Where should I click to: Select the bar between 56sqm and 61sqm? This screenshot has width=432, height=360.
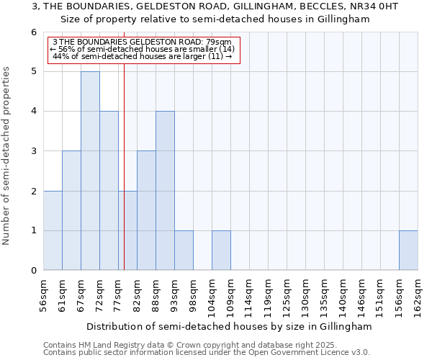point(53,230)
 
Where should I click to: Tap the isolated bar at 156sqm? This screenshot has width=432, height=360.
point(408,251)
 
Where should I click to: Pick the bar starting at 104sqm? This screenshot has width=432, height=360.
point(221,251)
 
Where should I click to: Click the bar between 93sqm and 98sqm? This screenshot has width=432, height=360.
point(184,251)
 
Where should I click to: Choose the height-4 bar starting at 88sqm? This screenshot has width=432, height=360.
point(165,191)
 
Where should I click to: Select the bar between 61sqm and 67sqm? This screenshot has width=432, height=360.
point(71,211)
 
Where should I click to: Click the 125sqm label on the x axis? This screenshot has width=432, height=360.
point(287,294)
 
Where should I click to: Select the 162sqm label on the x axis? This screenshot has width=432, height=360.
point(418,294)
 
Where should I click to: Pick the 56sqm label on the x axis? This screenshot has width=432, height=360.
point(43,294)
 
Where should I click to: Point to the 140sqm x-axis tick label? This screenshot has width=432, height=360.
point(343,294)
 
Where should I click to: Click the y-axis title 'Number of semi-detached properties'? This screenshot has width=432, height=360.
point(7,156)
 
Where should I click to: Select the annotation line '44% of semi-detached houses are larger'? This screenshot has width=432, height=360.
point(143,56)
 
